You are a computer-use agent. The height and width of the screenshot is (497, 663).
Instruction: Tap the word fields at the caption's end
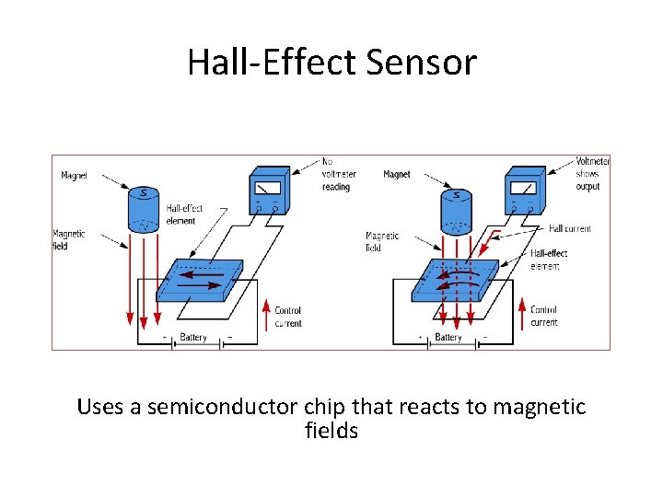[331, 430]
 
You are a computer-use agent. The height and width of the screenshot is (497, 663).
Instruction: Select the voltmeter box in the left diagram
[270, 192]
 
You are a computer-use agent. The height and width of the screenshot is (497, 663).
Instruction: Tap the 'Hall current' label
[570, 228]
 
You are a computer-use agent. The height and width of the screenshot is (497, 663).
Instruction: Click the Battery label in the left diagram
[193, 338]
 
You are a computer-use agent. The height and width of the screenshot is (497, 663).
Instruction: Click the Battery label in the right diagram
[448, 338]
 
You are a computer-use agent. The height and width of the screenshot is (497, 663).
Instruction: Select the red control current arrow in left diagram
[267, 313]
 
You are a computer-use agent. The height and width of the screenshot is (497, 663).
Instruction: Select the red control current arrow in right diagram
[522, 313]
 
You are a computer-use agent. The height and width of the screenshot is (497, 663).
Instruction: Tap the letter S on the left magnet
[144, 194]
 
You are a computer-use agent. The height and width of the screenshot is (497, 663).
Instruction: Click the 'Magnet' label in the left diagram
[75, 175]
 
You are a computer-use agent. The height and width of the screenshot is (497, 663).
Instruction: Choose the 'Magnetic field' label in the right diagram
[382, 241]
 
